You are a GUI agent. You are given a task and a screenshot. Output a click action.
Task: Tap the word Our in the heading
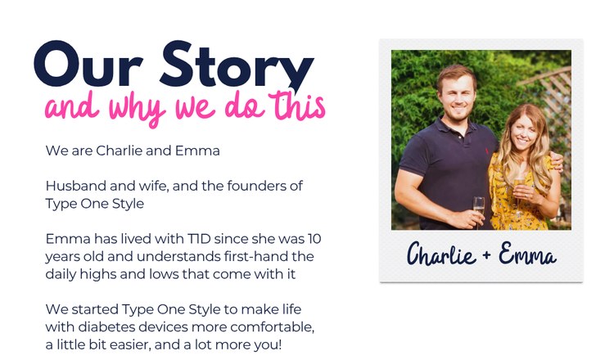tap(88, 64)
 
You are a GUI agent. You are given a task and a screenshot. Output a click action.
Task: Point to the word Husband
tap(76, 186)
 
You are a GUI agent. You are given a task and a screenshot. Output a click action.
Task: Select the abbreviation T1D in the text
tap(199, 238)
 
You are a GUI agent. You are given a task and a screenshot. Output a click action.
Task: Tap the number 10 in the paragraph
tap(314, 238)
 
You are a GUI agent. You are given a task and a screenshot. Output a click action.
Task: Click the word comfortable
tap(275, 326)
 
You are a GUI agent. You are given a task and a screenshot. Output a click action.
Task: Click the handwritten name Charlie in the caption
tap(441, 254)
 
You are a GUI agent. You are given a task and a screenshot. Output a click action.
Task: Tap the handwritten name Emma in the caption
tap(527, 254)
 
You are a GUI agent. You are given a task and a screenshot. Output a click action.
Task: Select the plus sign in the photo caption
tap(487, 255)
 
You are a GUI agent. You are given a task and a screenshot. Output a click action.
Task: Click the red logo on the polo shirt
tap(487, 151)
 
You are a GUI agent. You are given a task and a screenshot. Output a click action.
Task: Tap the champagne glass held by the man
tap(479, 211)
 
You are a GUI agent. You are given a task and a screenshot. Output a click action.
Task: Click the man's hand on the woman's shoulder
tap(556, 161)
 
